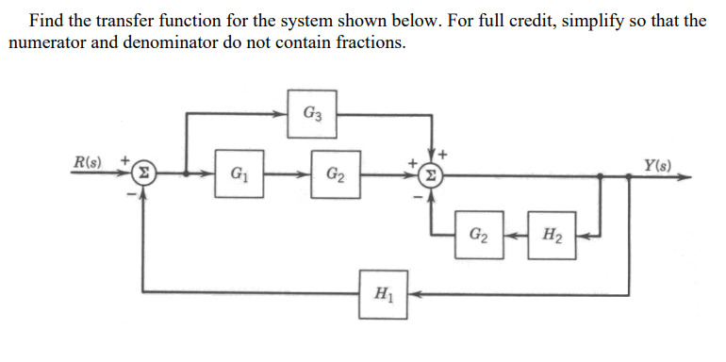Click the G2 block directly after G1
tap(334, 174)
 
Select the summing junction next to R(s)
tap(142, 174)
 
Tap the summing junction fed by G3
tap(432, 174)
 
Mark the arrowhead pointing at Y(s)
tap(696, 174)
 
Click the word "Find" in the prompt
tap(47, 20)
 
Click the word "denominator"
tap(171, 43)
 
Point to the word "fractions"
tap(372, 43)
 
